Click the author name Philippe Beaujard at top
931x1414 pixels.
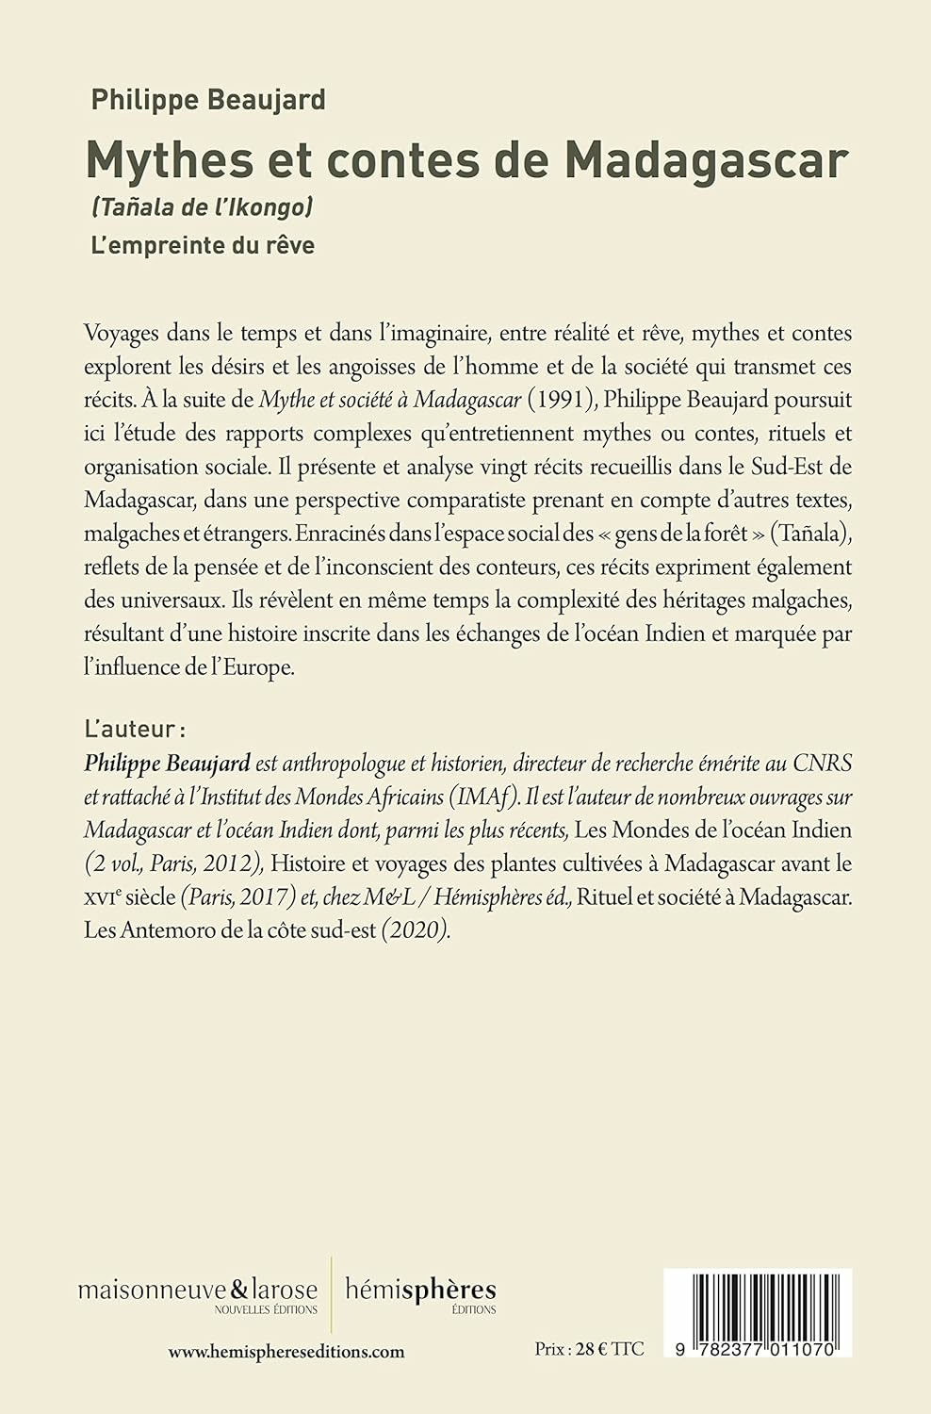coord(207,99)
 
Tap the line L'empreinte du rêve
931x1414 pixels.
coord(203,245)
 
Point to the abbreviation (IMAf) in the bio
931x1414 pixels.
coord(484,796)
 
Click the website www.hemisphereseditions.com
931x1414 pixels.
coord(286,1351)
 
